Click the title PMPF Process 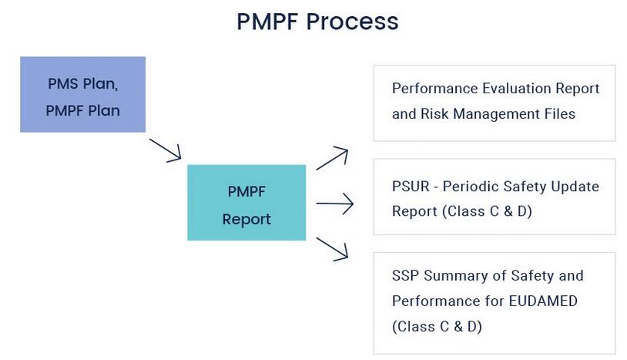click(317, 22)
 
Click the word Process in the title click(354, 22)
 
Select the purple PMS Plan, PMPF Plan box click(82, 95)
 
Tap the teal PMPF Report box click(246, 203)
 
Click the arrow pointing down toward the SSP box click(333, 249)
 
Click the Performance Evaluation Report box click(494, 103)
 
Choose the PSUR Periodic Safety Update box click(494, 197)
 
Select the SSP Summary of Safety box click(494, 301)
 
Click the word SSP click(407, 276)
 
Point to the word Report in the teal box click(246, 219)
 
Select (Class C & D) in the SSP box click(437, 326)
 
